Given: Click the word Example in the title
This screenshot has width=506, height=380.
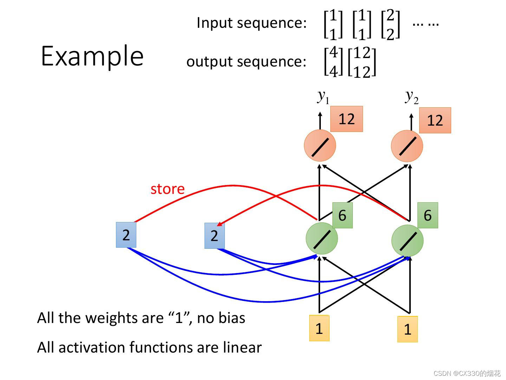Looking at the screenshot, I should click(x=92, y=56).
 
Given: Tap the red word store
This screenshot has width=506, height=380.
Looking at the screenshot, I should click(x=167, y=189).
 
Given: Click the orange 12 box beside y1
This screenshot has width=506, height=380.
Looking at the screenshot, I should click(x=346, y=119).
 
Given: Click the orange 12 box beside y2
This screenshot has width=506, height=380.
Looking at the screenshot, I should click(x=435, y=121).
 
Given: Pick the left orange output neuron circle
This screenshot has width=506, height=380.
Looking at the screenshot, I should click(x=320, y=146).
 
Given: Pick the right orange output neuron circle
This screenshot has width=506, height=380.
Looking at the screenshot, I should click(x=407, y=146).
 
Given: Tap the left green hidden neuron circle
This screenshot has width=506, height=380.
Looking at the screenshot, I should click(x=322, y=238).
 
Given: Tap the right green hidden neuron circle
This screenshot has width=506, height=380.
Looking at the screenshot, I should click(x=407, y=241).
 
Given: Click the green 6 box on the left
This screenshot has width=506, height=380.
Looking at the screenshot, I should click(x=342, y=215).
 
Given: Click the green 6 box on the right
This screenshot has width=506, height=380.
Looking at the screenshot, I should click(x=428, y=215).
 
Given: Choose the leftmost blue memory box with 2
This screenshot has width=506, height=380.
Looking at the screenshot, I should click(x=126, y=235).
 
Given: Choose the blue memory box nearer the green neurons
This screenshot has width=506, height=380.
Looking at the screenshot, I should click(x=214, y=236).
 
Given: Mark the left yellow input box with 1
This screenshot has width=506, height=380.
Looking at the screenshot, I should click(x=319, y=328).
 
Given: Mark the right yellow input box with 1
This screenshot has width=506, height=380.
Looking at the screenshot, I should click(x=408, y=329).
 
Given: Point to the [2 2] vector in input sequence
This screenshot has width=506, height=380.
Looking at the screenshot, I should click(x=390, y=24).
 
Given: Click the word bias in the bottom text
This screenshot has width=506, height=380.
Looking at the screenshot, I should click(x=231, y=318).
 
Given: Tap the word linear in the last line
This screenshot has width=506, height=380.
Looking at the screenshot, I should click(x=242, y=348).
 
